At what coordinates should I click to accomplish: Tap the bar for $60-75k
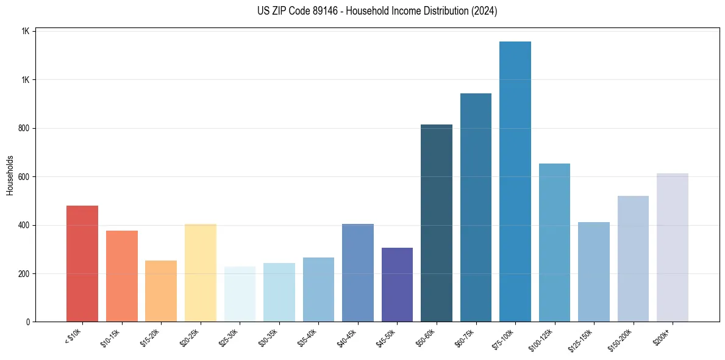coord(476,207)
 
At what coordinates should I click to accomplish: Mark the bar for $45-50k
coord(397,284)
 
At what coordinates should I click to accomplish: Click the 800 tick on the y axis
coord(23,128)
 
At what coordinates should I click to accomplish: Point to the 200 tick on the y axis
coord(23,273)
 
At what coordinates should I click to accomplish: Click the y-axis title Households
coord(10,175)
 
